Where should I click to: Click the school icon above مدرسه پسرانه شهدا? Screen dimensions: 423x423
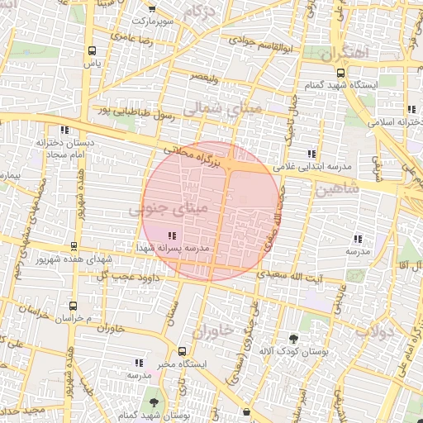click(x=171, y=236)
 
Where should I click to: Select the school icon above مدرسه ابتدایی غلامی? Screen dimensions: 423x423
click(x=311, y=154)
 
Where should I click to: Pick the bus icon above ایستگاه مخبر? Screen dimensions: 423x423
click(x=183, y=349)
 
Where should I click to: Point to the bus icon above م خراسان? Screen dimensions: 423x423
click(x=74, y=305)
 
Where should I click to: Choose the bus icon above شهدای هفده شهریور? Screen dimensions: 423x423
click(x=74, y=246)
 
